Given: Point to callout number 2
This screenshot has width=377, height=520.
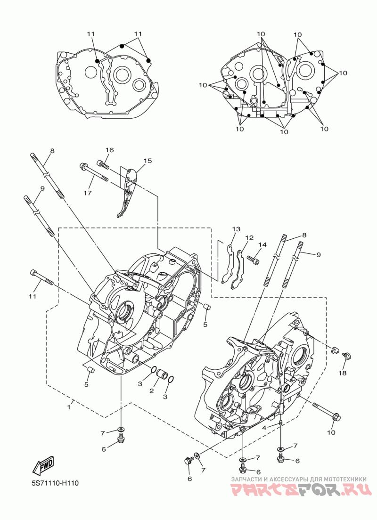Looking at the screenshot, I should tap(152, 391).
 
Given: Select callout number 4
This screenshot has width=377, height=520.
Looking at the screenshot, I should tap(264, 427).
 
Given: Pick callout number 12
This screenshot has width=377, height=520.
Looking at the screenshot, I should tap(249, 238).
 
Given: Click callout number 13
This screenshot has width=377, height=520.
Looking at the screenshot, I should tap(236, 229).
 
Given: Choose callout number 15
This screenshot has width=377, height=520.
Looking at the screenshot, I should tap(148, 161).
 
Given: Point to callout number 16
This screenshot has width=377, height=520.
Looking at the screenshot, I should tap(109, 150).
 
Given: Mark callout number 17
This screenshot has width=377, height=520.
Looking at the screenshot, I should tap(88, 193).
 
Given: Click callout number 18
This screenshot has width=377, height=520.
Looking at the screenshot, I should tap(341, 373).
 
